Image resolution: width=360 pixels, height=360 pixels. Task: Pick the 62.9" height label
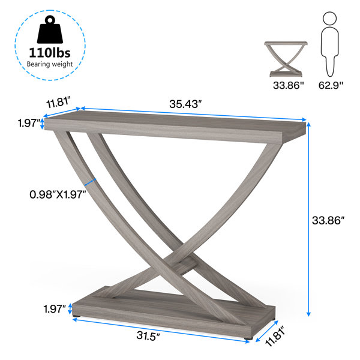click(331, 86)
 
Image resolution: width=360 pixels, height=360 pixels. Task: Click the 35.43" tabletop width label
click(185, 104)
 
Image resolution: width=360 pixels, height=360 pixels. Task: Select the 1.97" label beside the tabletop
click(27, 124)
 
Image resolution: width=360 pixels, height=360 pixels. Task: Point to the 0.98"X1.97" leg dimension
click(58, 194)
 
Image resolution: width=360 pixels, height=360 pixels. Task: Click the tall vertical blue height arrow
click(309, 219)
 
